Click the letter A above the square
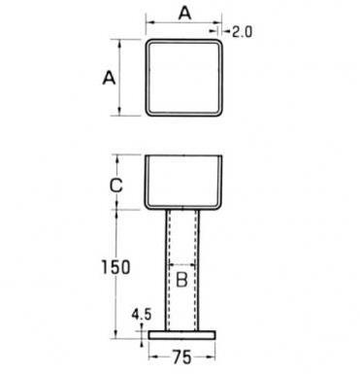point(185,14)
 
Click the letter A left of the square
point(109,78)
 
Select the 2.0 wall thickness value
point(242,32)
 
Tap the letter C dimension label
point(116,186)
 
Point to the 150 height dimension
point(115,267)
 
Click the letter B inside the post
point(181,280)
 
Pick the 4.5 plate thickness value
point(141,315)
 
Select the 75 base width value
point(182,357)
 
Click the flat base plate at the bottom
point(182,335)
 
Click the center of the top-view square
point(184,78)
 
